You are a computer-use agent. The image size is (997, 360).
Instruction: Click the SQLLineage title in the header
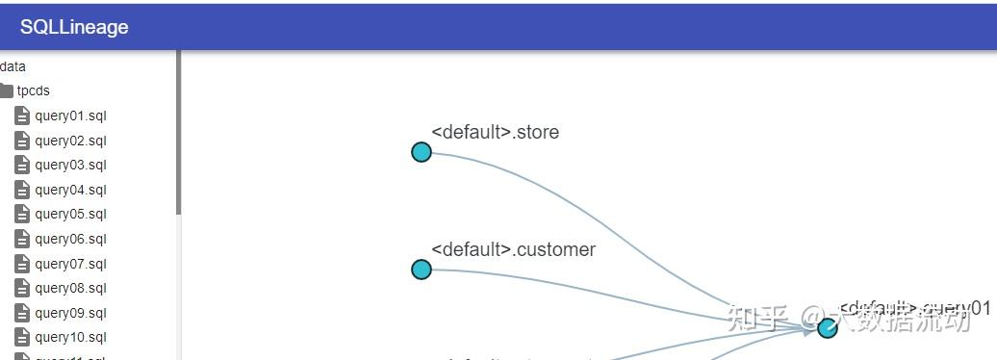pyautogui.click(x=74, y=27)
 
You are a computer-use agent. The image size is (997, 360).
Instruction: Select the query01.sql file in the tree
pyautogui.click(x=70, y=116)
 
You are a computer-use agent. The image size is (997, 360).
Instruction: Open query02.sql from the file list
pyautogui.click(x=70, y=141)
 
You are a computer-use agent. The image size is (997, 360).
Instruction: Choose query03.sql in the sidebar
pyautogui.click(x=70, y=165)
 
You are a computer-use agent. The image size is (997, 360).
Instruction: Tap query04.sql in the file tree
pyautogui.click(x=70, y=190)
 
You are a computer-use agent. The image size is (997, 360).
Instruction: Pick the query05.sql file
pyautogui.click(x=70, y=214)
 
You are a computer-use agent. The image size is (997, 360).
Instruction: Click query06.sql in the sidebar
pyautogui.click(x=70, y=239)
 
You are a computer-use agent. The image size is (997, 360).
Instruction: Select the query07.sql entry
pyautogui.click(x=70, y=264)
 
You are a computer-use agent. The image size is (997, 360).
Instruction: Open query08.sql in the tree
pyautogui.click(x=70, y=288)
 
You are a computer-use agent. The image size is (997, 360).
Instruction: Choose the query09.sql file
pyautogui.click(x=70, y=313)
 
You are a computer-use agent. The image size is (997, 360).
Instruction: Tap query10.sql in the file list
pyautogui.click(x=70, y=337)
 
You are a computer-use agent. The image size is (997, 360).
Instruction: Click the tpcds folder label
pyautogui.click(x=33, y=90)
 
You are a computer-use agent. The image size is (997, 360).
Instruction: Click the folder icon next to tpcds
pyautogui.click(x=6, y=90)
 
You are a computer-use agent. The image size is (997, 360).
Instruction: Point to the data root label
pyautogui.click(x=13, y=66)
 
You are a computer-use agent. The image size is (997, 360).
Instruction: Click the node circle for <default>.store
pyautogui.click(x=422, y=152)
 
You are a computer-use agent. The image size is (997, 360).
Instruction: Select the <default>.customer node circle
pyautogui.click(x=422, y=270)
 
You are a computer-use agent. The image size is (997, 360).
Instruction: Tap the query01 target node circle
pyautogui.click(x=828, y=327)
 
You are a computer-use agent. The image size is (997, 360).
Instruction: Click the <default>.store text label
pyautogui.click(x=495, y=132)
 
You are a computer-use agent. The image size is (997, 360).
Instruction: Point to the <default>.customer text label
pyautogui.click(x=513, y=249)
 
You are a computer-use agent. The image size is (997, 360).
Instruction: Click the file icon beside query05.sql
pyautogui.click(x=22, y=214)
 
